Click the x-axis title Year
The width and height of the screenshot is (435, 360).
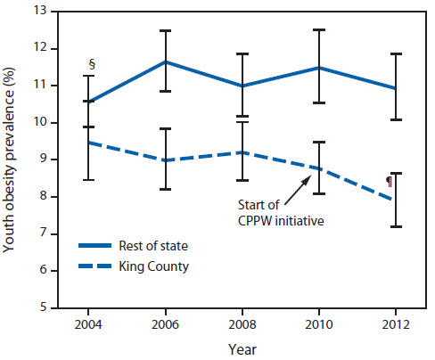(242, 348)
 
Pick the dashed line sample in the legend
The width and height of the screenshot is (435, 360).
(99, 265)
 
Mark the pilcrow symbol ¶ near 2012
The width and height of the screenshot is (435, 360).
(388, 181)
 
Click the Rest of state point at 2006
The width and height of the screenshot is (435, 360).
(165, 61)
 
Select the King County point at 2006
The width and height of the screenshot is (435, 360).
(165, 160)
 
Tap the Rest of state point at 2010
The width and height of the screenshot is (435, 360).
(318, 68)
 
